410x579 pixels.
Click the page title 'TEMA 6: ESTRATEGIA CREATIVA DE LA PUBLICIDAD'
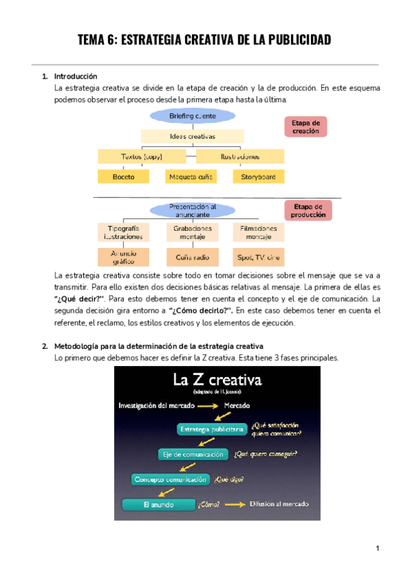click(x=205, y=40)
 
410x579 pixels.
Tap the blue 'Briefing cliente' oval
click(x=192, y=116)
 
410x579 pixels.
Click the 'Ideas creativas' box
click(x=192, y=136)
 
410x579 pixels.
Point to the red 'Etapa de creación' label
click(x=305, y=126)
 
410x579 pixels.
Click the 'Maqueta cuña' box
click(x=191, y=177)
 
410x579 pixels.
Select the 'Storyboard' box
click(x=258, y=177)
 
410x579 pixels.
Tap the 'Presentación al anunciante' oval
click(x=193, y=210)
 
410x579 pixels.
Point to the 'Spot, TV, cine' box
click(x=258, y=256)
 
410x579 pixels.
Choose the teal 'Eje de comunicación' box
click(x=193, y=454)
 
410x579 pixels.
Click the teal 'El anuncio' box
click(x=157, y=505)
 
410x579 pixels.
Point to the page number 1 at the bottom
click(x=377, y=548)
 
